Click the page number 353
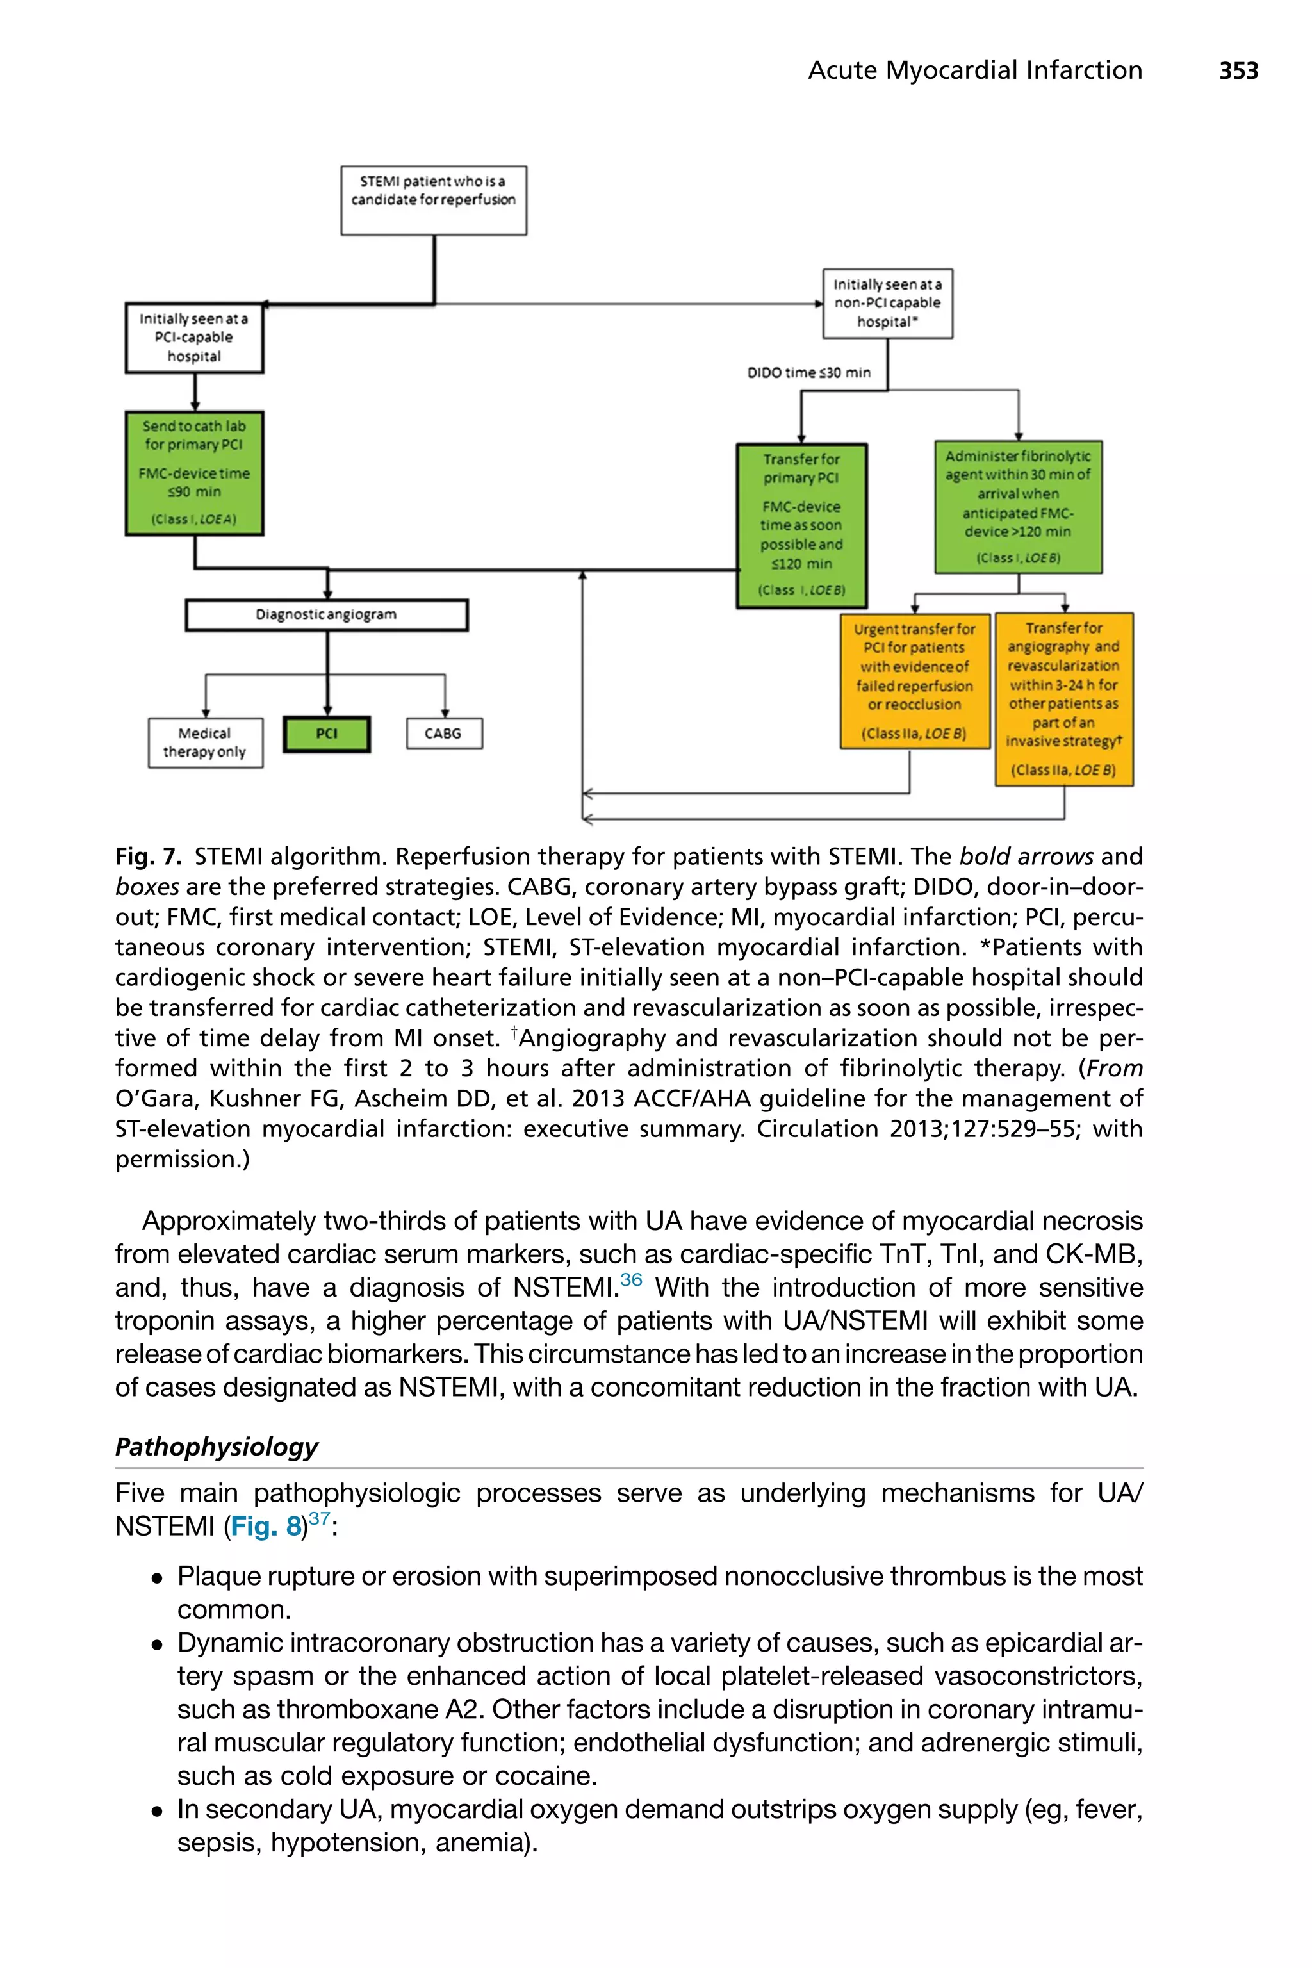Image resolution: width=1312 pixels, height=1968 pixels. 1238,70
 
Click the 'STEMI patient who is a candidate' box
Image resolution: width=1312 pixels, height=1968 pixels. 434,200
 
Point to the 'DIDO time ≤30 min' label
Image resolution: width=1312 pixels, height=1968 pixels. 808,372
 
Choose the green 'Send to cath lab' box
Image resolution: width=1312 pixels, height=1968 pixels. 194,473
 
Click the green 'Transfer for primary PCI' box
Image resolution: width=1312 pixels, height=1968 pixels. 801,525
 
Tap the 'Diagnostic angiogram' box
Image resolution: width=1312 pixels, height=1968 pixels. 326,615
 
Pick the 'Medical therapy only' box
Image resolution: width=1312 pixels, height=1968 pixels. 205,742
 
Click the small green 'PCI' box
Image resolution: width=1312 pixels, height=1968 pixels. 326,734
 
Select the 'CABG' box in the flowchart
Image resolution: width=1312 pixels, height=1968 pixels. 443,734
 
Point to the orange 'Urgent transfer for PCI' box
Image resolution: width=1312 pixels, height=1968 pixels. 915,681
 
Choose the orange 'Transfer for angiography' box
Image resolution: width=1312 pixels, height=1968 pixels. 1063,700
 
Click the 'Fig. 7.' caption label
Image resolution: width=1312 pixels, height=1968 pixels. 148,857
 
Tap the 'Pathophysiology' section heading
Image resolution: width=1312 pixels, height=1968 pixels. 217,1447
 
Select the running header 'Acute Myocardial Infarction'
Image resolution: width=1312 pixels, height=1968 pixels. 975,70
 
